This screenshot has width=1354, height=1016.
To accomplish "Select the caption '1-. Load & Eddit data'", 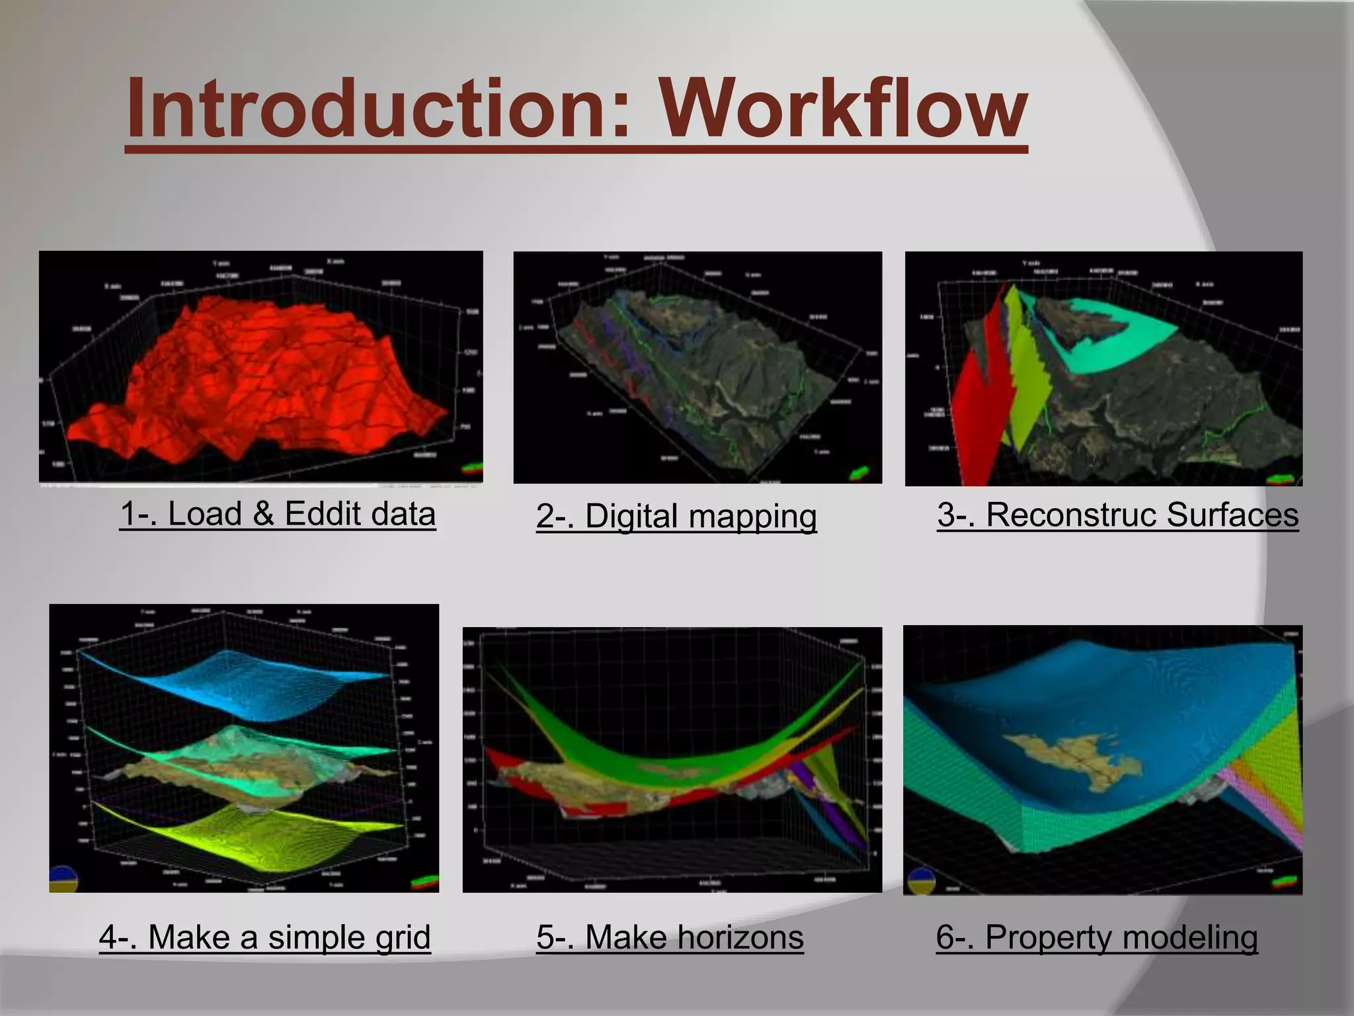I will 278,514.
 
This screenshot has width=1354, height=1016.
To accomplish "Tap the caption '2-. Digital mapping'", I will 676,516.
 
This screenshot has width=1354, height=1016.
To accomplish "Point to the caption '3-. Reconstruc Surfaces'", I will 1117,515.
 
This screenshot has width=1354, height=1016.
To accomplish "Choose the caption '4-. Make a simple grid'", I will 264,937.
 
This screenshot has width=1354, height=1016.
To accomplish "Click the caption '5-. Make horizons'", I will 670,937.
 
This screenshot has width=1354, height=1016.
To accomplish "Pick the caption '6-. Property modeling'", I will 1097,937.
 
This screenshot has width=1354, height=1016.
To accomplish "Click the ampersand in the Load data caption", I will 262,514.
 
